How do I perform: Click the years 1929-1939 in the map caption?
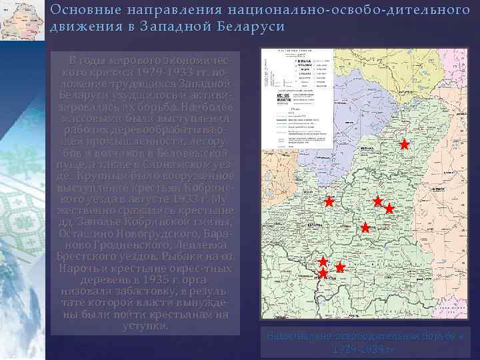[366, 349]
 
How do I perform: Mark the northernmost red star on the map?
[404, 144]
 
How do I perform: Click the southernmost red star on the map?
[323, 273]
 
